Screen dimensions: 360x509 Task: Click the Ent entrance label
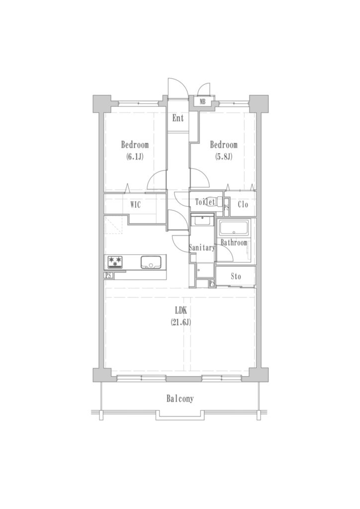(x=178, y=118)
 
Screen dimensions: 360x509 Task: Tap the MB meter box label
(x=202, y=101)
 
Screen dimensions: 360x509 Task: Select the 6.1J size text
(x=135, y=157)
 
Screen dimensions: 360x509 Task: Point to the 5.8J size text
(x=224, y=157)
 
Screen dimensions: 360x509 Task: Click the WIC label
(x=135, y=205)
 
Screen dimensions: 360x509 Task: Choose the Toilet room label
(x=205, y=202)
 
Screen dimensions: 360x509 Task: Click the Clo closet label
(x=243, y=204)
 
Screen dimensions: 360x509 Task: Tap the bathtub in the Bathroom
(x=234, y=228)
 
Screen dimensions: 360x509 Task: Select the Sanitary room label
(x=202, y=248)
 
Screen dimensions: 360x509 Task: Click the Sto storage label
(x=236, y=276)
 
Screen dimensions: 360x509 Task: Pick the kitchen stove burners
(x=115, y=262)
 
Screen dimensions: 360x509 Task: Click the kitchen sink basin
(x=151, y=262)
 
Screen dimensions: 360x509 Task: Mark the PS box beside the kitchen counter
(x=109, y=275)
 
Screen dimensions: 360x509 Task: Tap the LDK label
(x=180, y=311)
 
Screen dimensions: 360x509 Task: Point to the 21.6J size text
(x=180, y=322)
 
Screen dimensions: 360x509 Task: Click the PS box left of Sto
(x=212, y=283)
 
